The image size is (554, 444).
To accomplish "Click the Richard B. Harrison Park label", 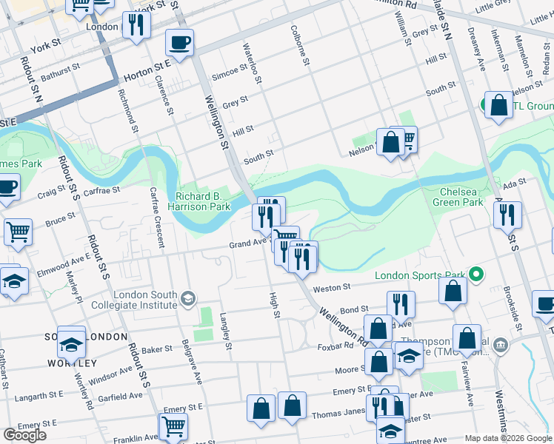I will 203,201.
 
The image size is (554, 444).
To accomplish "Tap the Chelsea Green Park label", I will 458,197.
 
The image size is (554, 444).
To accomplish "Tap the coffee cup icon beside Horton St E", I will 178,42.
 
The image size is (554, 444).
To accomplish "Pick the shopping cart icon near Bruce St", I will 18,232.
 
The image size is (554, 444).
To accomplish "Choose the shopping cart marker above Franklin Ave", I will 173,425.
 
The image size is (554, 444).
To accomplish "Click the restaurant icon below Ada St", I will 508,215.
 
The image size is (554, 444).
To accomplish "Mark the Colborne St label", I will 304,48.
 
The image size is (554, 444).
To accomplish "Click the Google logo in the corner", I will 25,435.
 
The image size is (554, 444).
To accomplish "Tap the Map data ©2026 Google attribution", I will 507,438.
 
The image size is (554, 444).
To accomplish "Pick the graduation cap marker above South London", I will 72,342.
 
